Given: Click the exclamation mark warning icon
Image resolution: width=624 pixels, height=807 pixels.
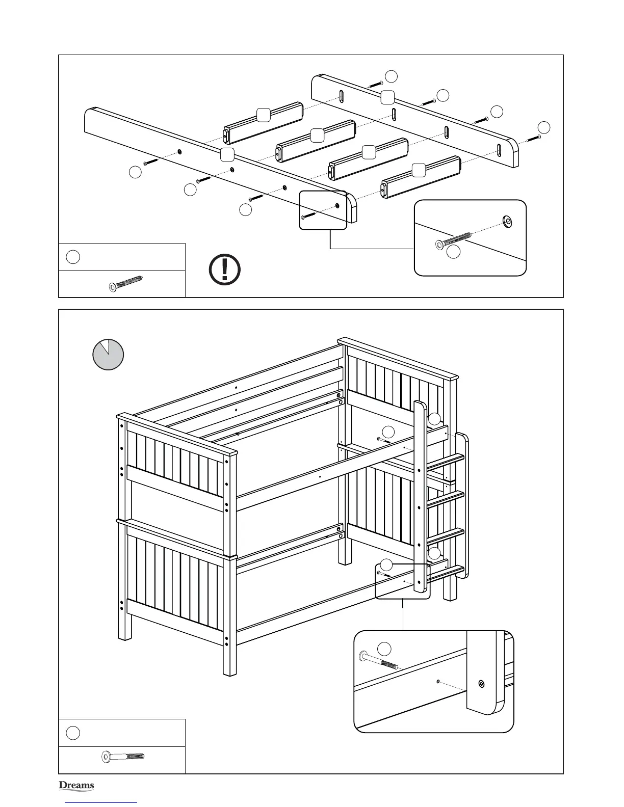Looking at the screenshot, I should (225, 269).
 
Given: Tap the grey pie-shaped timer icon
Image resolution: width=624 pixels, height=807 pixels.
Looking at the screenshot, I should (108, 355).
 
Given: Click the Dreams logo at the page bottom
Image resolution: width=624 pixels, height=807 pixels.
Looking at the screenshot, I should (76, 786).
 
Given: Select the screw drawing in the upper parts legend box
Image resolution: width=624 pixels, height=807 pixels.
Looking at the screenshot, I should (126, 283).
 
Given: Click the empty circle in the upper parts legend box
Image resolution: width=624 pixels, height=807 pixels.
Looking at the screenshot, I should (73, 257).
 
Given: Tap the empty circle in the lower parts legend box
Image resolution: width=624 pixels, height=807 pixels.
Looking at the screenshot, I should (73, 733).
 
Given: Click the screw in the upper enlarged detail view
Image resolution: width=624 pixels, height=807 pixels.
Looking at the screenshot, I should (453, 240).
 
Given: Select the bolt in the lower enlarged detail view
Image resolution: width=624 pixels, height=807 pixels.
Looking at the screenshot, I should (380, 661).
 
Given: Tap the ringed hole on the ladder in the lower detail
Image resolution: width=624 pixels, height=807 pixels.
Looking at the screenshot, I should (481, 684).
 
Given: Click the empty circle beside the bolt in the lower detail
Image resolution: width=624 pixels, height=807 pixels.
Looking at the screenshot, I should (384, 648).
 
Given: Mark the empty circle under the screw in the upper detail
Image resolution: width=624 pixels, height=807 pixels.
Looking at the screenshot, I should (453, 252).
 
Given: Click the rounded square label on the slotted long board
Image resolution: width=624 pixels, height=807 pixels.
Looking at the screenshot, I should (388, 97).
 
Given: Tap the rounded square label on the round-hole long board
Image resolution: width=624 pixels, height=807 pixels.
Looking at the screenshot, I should (227, 155).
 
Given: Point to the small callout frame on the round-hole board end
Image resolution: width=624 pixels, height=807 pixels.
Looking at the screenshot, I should (323, 210).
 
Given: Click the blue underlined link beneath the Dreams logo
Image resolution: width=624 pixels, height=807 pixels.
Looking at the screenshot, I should (101, 802).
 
